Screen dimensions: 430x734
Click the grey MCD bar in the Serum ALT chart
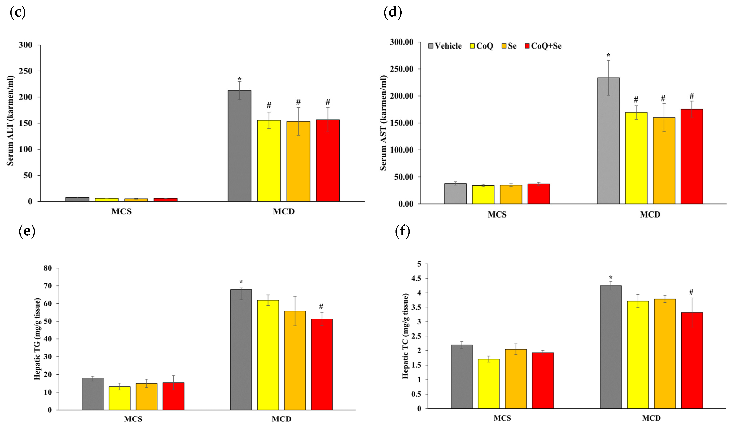pos(239,146)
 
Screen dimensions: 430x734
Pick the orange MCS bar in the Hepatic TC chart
pos(516,379)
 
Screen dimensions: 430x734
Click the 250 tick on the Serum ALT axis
pos(26,71)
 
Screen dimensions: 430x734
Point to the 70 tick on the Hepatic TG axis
pos(47,286)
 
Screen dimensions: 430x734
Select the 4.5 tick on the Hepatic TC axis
pos(416,278)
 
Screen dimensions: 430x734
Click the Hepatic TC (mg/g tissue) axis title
pos(405,336)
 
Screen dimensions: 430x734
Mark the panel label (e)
pos(27,231)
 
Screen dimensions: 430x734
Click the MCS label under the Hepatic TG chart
pos(133,419)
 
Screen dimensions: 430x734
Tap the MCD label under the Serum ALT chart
pos(283,211)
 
